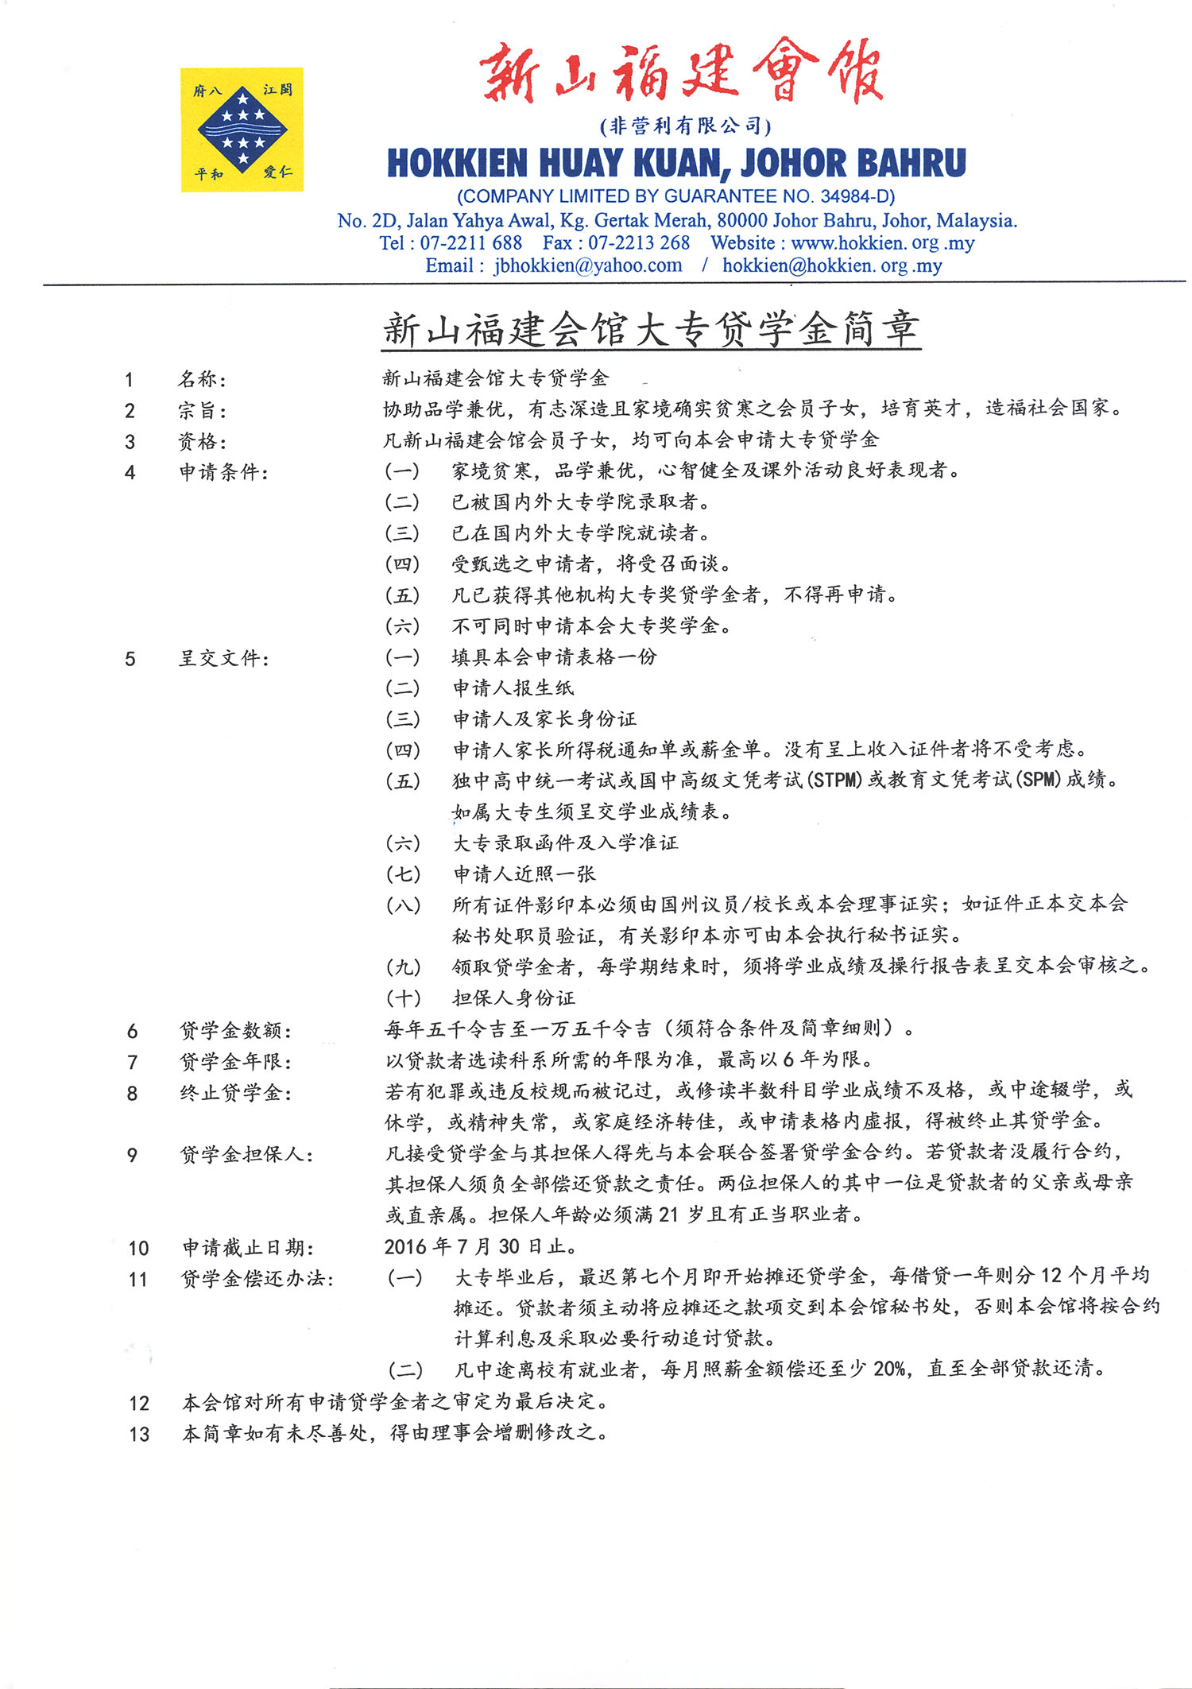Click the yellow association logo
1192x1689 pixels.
[242, 130]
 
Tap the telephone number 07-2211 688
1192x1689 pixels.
[470, 243]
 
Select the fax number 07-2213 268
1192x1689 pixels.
[638, 243]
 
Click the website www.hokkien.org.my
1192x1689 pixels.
[882, 243]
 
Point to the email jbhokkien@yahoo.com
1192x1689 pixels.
[587, 265]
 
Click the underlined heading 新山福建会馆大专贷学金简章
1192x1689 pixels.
[651, 329]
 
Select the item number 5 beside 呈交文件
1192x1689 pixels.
[130, 659]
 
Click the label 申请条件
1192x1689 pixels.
[223, 472]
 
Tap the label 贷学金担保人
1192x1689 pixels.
[246, 1155]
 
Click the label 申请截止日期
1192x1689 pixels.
[248, 1248]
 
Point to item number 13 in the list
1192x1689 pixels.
[139, 1435]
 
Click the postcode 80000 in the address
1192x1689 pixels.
[742, 220]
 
